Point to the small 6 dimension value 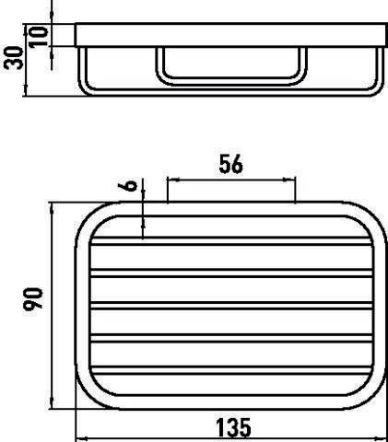click(x=131, y=185)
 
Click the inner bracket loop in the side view click(x=229, y=69)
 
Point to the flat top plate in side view click(x=230, y=34)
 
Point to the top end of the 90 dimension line click(x=53, y=204)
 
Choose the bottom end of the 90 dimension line click(x=53, y=410)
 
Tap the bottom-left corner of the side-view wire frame click(x=84, y=90)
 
